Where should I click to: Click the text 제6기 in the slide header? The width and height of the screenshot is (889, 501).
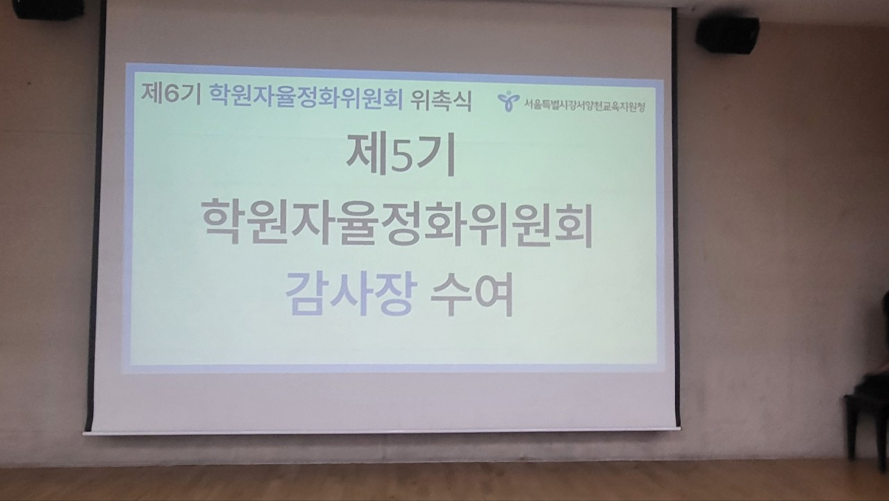pyautogui.click(x=171, y=94)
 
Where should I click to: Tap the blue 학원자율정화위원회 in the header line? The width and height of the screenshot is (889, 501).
pyautogui.click(x=306, y=97)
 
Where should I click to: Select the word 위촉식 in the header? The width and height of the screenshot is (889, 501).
pyautogui.click(x=441, y=100)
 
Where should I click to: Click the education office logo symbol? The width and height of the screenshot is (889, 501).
pyautogui.click(x=508, y=101)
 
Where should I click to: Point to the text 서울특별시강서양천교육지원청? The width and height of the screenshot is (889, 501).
pyautogui.click(x=585, y=106)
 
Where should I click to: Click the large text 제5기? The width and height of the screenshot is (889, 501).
pyautogui.click(x=401, y=154)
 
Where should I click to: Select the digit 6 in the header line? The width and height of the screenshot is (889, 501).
pyautogui.click(x=172, y=95)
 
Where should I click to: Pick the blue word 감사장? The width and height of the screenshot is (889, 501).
pyautogui.click(x=351, y=294)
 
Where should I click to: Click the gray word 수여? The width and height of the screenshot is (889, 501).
pyautogui.click(x=472, y=295)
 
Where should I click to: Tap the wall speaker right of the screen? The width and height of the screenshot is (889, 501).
pyautogui.click(x=727, y=35)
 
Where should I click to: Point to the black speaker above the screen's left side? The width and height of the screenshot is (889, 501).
pyautogui.click(x=48, y=9)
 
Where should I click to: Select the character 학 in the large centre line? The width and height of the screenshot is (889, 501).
pyautogui.click(x=223, y=221)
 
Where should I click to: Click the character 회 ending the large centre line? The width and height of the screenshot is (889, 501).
pyautogui.click(x=572, y=226)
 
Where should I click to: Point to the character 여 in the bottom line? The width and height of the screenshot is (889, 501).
pyautogui.click(x=494, y=295)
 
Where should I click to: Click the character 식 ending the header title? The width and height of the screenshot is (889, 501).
pyautogui.click(x=462, y=101)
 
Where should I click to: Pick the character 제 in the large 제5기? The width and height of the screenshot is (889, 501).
pyautogui.click(x=366, y=154)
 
